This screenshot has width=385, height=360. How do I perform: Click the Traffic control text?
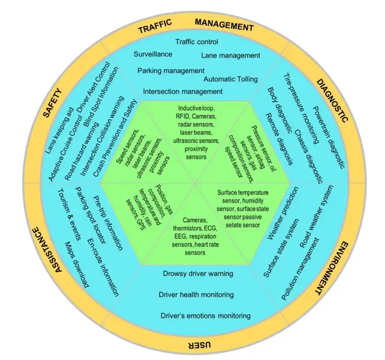click(x=196, y=42)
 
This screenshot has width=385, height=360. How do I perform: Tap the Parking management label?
click(x=171, y=70)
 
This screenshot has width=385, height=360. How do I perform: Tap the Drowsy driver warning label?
click(x=197, y=273)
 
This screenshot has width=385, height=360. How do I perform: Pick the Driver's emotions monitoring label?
click(x=205, y=316)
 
